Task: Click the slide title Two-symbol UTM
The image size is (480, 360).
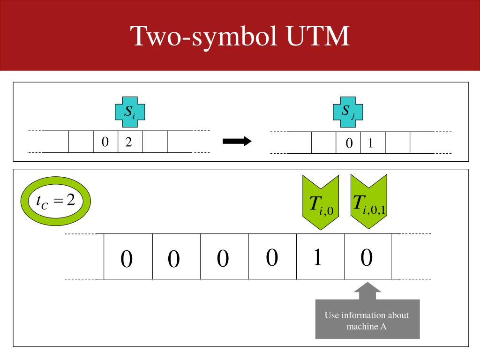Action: [240, 36]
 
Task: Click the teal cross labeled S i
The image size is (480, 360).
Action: [130, 112]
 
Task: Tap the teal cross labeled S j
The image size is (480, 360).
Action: [348, 112]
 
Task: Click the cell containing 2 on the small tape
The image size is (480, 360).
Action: [130, 142]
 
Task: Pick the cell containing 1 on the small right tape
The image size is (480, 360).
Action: [373, 142]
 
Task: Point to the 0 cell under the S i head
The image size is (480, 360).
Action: [105, 142]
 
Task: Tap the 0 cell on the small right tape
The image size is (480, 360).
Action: [348, 142]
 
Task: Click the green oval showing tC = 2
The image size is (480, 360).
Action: [55, 201]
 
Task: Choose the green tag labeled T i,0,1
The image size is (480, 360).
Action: [368, 201]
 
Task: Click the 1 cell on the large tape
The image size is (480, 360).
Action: [320, 256]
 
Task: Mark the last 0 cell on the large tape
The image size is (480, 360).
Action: [367, 256]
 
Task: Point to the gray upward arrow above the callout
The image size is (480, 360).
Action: [367, 291]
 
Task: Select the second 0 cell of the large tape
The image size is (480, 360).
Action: [176, 256]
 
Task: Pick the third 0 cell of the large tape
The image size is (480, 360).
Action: [224, 256]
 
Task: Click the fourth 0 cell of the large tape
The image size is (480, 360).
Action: [272, 256]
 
